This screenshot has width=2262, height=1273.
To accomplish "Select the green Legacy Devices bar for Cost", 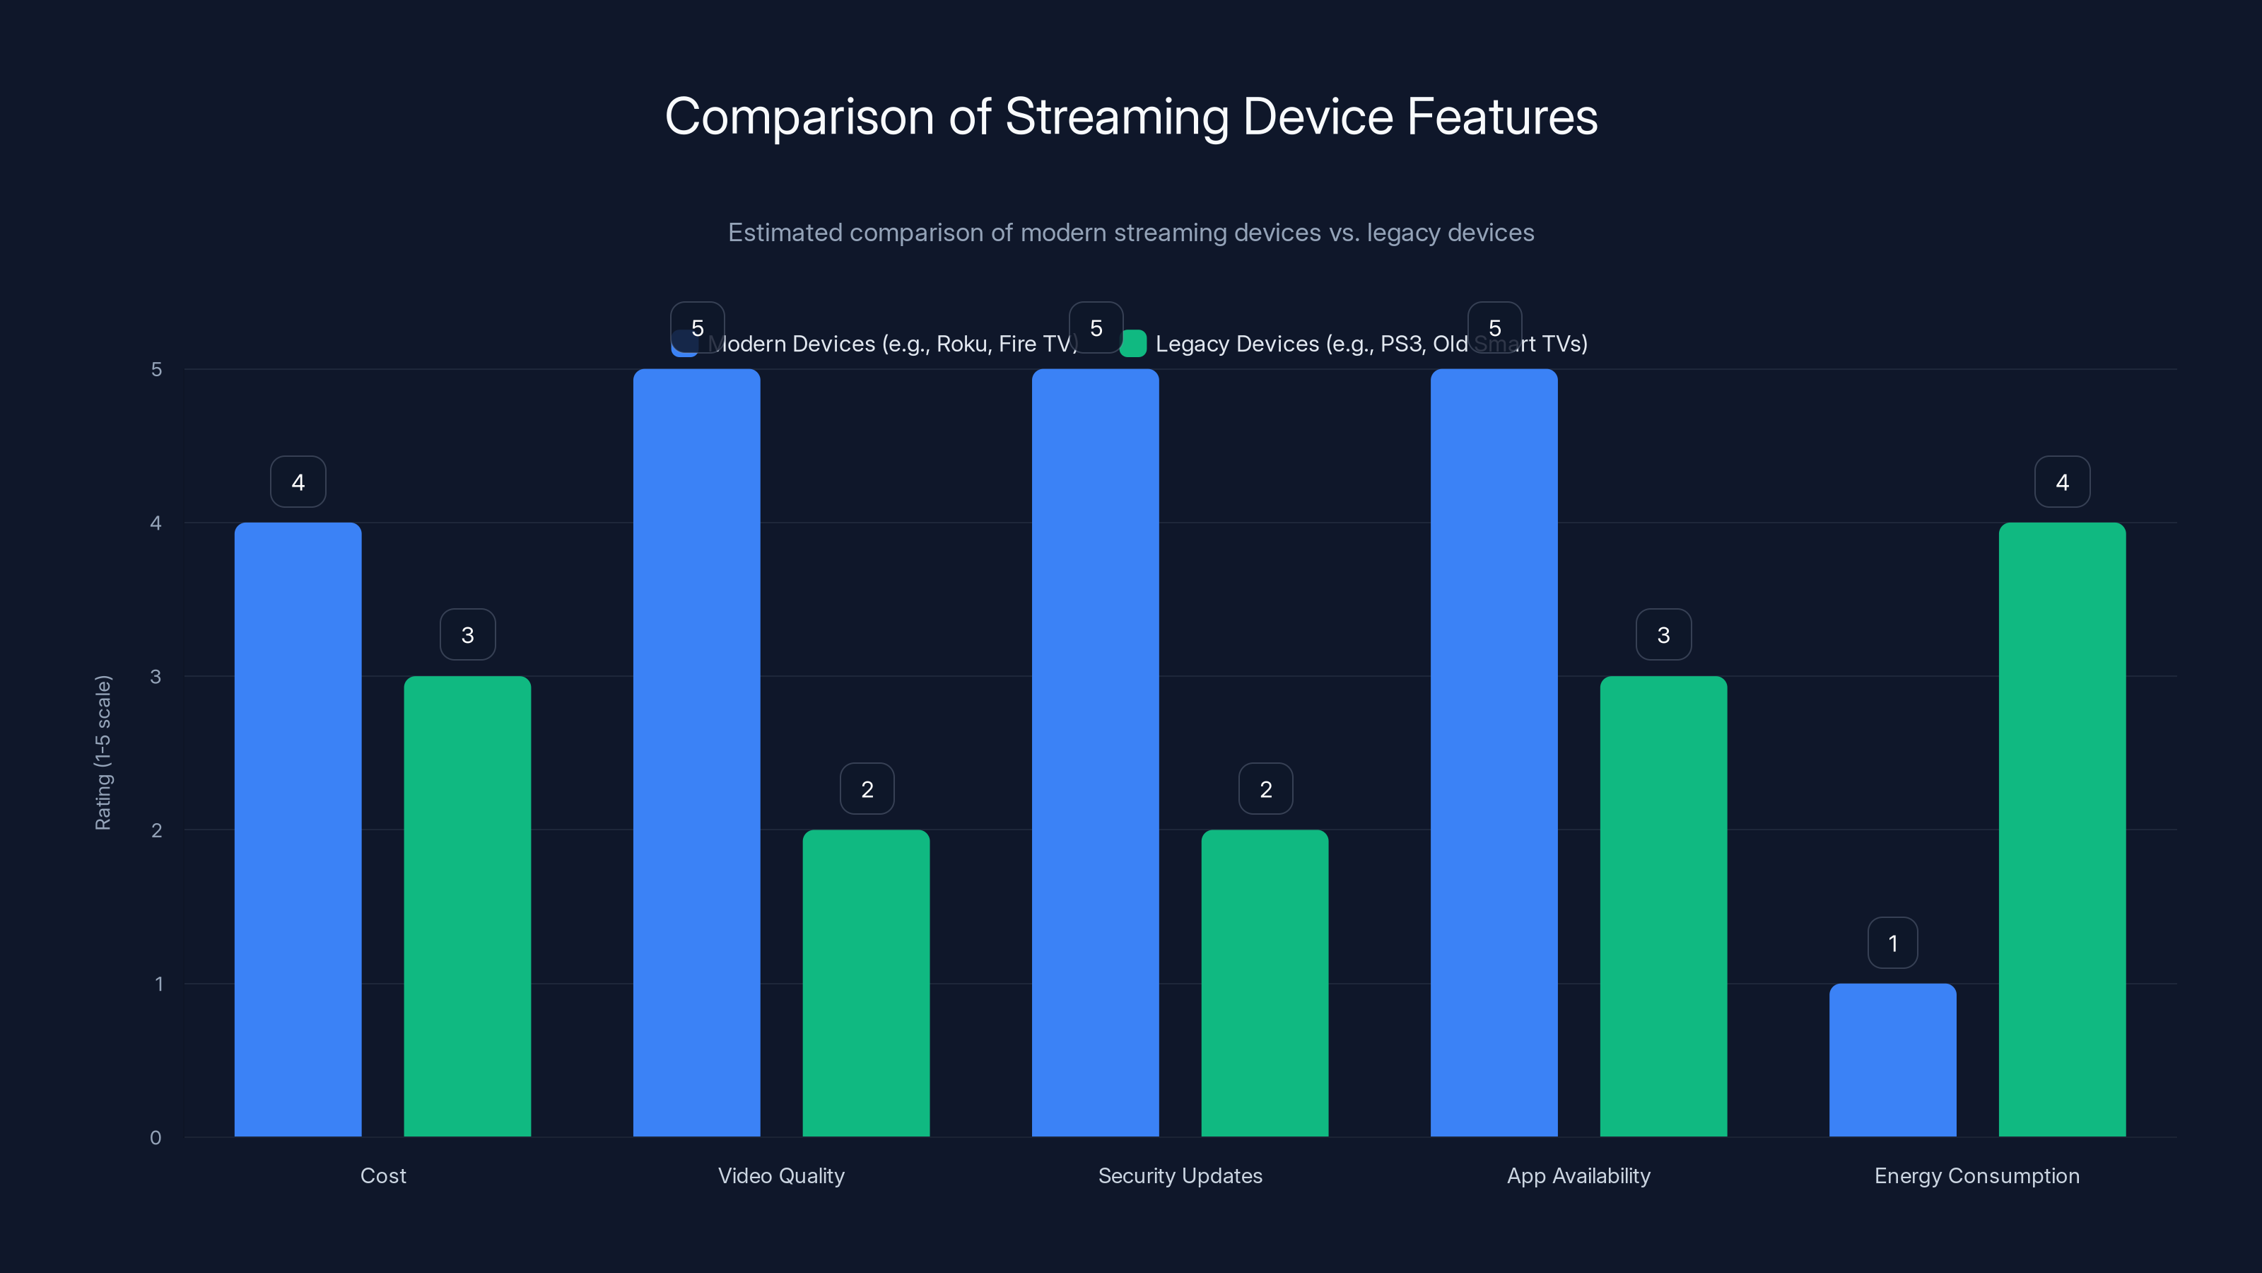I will [467, 906].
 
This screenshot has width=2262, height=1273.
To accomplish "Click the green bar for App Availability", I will [1663, 906].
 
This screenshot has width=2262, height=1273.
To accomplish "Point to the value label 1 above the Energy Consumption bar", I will [1892, 943].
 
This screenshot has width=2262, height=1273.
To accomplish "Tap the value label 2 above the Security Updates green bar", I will [1265, 789].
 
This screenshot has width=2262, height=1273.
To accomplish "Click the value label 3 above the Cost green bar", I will [467, 634].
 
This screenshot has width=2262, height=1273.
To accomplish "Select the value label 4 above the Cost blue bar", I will [298, 482].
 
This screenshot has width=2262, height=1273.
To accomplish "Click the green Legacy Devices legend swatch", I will [1132, 344].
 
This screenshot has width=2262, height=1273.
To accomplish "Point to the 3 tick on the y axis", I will [156, 677].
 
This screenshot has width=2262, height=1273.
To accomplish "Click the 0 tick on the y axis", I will [156, 1138].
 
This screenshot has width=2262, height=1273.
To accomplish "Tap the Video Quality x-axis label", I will [780, 1175].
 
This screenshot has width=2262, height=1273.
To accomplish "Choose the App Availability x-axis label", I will [1578, 1175].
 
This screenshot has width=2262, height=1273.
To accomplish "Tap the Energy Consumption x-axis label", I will [1976, 1175].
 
